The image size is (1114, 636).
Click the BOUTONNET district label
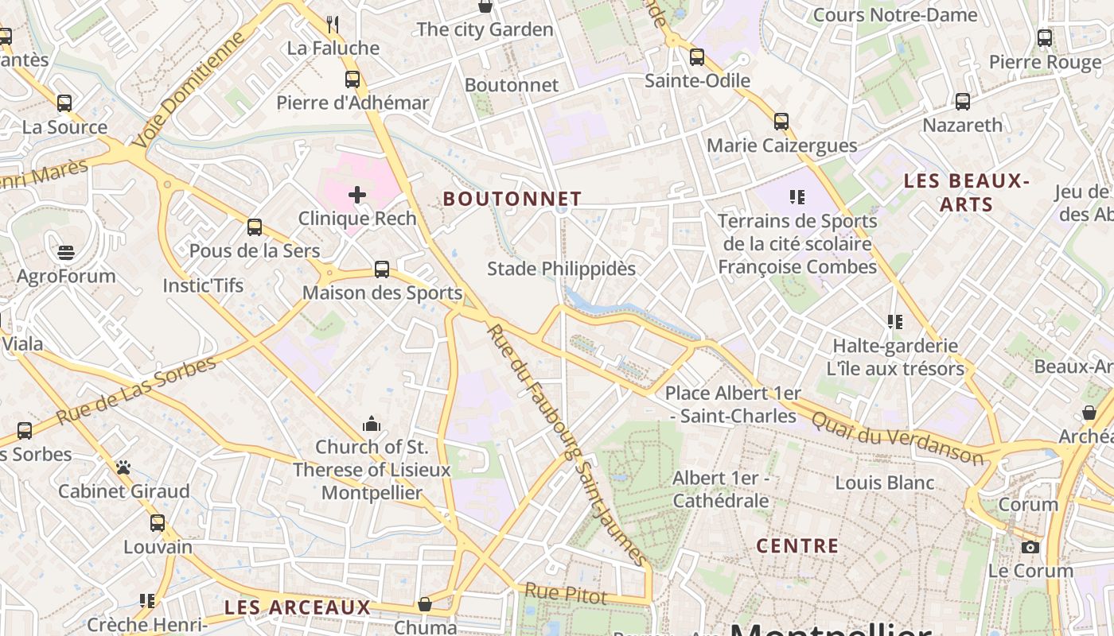click(x=512, y=199)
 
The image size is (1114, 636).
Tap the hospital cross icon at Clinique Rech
click(x=357, y=194)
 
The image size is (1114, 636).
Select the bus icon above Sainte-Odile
click(x=697, y=57)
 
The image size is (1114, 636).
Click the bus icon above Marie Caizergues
click(x=781, y=122)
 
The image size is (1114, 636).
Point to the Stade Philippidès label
click(x=561, y=269)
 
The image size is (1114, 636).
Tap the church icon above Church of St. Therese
click(x=372, y=424)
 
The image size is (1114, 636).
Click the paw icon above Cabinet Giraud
click(x=123, y=467)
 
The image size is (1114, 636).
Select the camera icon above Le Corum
click(x=1030, y=547)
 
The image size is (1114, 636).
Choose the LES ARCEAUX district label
click(x=298, y=607)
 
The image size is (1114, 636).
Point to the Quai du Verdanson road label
click(x=898, y=436)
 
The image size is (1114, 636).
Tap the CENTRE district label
click(x=797, y=546)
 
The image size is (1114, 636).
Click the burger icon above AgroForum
click(x=66, y=253)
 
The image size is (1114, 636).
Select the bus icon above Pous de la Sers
click(x=255, y=227)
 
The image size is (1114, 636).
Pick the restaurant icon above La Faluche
click(x=333, y=25)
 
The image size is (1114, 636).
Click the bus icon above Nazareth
click(x=963, y=102)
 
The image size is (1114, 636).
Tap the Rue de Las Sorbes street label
click(x=136, y=390)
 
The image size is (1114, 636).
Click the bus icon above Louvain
click(x=158, y=523)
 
